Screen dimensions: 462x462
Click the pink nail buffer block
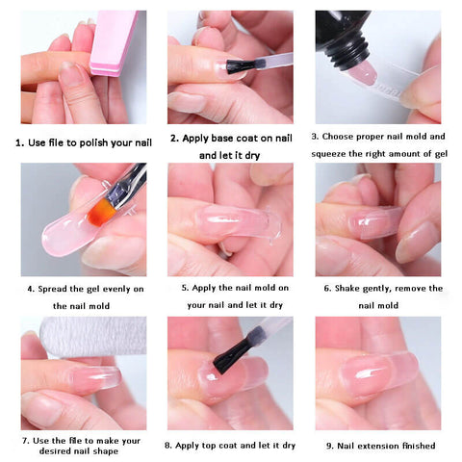(113, 43)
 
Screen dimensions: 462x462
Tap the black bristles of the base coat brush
(241, 65)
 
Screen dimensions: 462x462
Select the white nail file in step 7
(94, 336)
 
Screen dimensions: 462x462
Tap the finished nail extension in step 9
(378, 372)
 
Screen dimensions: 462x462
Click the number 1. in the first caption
(20, 143)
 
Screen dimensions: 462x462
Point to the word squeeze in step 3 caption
(328, 154)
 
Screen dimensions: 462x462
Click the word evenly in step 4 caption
(115, 290)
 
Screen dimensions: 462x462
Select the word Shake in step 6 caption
(347, 289)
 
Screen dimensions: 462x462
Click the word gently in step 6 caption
(376, 289)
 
